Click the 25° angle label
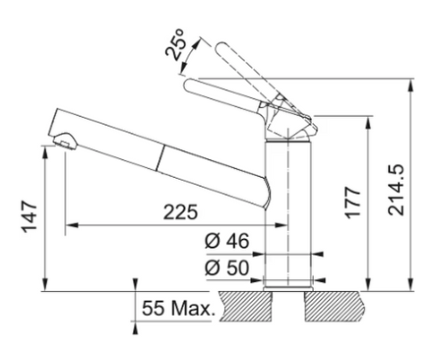pos(175,44)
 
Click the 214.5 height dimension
pos(396,190)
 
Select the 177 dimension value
pos(352,203)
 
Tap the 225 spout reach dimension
pos(181,212)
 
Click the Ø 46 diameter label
pos(227,241)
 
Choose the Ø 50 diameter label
pos(227,268)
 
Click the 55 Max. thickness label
pos(177,308)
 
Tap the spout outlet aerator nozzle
pos(64,142)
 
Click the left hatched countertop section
pos(246,306)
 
